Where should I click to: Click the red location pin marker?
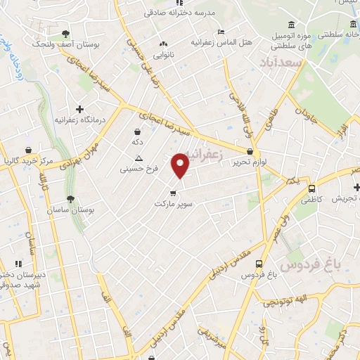point(181,165)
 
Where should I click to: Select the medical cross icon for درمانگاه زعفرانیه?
point(81,109)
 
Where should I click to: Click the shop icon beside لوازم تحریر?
point(250,151)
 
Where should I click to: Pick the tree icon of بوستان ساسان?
point(70,198)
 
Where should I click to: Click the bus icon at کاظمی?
point(311,188)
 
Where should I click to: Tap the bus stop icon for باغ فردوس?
point(259,264)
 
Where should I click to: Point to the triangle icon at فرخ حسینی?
point(139,158)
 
